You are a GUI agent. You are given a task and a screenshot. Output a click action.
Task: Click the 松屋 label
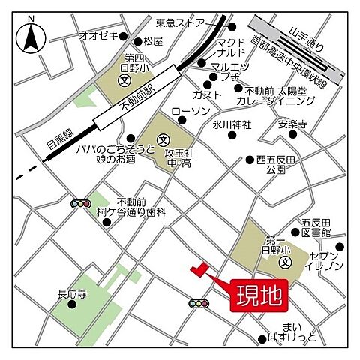(x=153, y=40)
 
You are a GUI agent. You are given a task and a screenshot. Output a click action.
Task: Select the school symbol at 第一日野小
(x=286, y=262)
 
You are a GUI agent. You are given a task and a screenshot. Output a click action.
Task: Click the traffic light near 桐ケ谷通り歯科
(x=80, y=203)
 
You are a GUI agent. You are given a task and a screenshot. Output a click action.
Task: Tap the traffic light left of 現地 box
(x=199, y=303)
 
